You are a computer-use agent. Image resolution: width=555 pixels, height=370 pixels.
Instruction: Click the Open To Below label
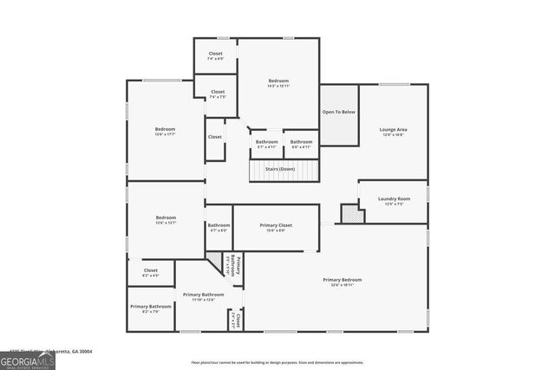pyautogui.click(x=339, y=112)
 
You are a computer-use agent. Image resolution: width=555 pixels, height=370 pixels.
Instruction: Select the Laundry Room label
pyautogui.click(x=394, y=201)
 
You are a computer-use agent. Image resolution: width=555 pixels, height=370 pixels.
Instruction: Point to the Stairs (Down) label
pyautogui.click(x=279, y=168)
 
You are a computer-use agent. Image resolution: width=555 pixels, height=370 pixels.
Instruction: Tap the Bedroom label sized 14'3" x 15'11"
pyautogui.click(x=278, y=83)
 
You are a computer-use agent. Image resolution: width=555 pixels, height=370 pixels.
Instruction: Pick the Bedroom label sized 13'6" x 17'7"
pyautogui.click(x=166, y=132)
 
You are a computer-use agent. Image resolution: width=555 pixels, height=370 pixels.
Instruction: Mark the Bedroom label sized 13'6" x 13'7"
pyautogui.click(x=166, y=219)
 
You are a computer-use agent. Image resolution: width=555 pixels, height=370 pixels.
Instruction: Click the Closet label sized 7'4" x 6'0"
pyautogui.click(x=216, y=56)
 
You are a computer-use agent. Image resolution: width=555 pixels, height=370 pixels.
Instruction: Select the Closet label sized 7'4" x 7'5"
pyautogui.click(x=218, y=94)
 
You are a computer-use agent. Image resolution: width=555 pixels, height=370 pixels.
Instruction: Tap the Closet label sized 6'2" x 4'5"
pyautogui.click(x=151, y=273)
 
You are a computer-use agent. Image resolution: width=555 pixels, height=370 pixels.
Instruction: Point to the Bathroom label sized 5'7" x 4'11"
pyautogui.click(x=267, y=144)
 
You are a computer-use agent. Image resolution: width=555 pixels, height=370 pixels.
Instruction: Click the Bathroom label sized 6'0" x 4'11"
pyautogui.click(x=301, y=144)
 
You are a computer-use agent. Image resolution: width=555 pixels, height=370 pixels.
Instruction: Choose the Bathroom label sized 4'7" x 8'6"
pyautogui.click(x=219, y=227)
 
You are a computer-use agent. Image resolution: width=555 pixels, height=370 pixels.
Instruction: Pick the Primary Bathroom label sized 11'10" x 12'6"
pyautogui.click(x=204, y=297)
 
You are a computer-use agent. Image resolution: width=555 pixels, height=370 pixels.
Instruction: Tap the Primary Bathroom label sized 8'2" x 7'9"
pyautogui.click(x=151, y=308)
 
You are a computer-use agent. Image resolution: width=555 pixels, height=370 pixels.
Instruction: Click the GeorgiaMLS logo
pyautogui.click(x=28, y=360)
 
